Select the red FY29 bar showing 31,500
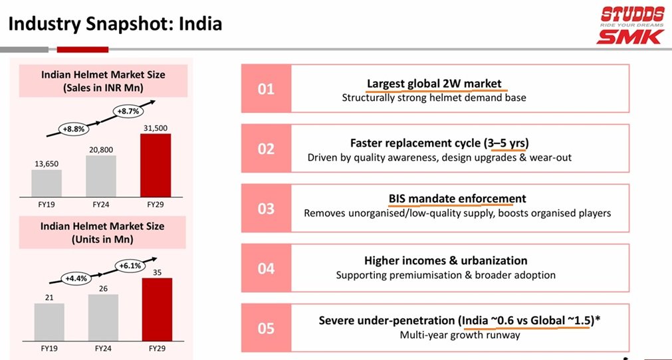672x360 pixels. [x=156, y=165]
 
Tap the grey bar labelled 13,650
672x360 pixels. [x=47, y=183]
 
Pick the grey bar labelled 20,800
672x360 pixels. [x=101, y=175]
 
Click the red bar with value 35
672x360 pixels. [x=157, y=310]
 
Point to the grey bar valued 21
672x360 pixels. [x=49, y=322]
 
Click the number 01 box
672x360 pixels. [x=266, y=88]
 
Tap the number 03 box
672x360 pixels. [x=266, y=209]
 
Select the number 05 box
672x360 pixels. [x=266, y=328]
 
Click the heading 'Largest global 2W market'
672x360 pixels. [x=434, y=83]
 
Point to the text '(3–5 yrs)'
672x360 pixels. [x=506, y=143]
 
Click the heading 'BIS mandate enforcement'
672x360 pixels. [x=457, y=199]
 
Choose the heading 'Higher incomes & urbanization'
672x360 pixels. [x=445, y=260]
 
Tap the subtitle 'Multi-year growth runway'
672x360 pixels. [x=459, y=335]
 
